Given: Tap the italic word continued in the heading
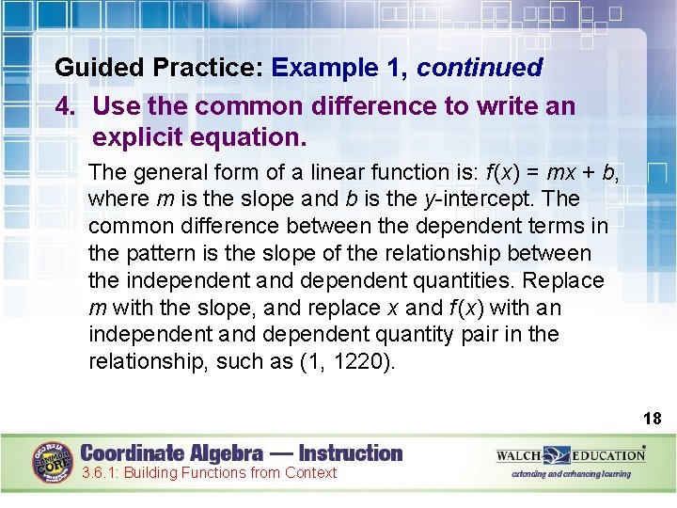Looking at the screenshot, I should tap(480, 68).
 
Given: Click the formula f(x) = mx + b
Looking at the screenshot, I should tap(552, 172).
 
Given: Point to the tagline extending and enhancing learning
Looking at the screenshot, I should tap(572, 474).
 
